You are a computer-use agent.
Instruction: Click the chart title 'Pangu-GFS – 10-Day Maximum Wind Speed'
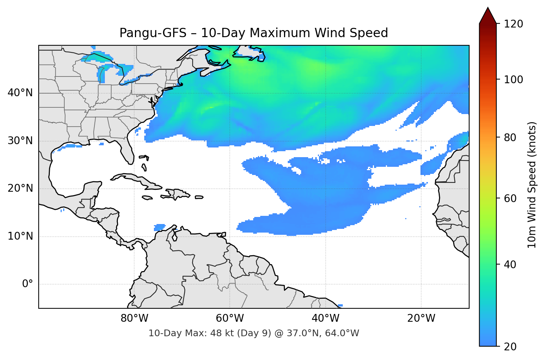point(254,33)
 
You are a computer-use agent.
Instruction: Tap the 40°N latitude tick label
point(20,93)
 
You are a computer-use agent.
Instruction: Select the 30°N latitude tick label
point(20,141)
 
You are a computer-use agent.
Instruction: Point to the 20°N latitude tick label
point(20,188)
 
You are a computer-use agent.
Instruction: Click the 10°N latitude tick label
point(20,236)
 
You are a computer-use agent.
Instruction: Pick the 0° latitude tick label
point(27,284)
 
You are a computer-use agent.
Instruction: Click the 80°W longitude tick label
point(134,318)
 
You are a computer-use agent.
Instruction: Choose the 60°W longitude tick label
point(230,318)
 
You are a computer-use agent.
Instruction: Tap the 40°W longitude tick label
point(325,318)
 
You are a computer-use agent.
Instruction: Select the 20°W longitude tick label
point(421,318)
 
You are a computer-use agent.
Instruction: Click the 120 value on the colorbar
point(513,24)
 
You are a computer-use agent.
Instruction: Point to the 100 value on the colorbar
point(513,80)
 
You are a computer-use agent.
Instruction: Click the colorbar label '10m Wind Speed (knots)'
point(532,185)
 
